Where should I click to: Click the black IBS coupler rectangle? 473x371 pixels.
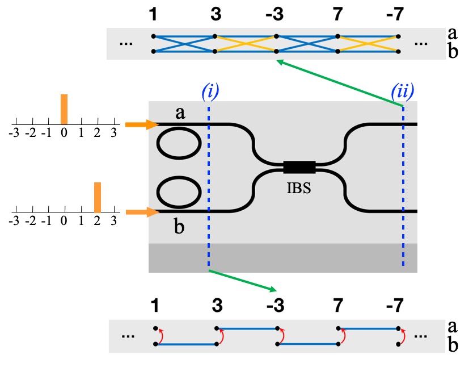pyautogui.click(x=299, y=167)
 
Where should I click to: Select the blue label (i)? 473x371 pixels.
pyautogui.click(x=209, y=91)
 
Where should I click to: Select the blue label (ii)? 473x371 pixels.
pyautogui.click(x=403, y=90)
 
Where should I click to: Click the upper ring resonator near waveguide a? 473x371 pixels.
pyautogui.click(x=178, y=146)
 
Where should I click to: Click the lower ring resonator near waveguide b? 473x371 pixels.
pyautogui.click(x=178, y=194)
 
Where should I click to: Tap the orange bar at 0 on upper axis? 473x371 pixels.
pyautogui.click(x=64, y=109)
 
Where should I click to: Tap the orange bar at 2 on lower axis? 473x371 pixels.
pyautogui.click(x=98, y=197)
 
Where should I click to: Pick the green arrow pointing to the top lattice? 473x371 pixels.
pyautogui.click(x=340, y=84)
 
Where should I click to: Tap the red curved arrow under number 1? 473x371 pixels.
pyautogui.click(x=161, y=336)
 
